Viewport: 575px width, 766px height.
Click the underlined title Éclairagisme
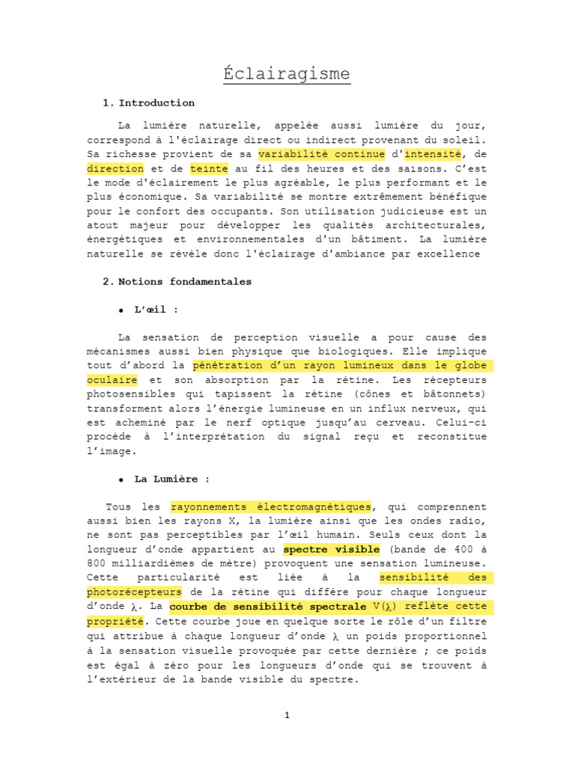(x=287, y=74)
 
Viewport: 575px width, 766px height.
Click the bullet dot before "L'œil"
(x=121, y=310)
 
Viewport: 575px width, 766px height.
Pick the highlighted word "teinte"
(x=209, y=169)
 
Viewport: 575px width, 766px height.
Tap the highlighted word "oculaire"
(x=112, y=380)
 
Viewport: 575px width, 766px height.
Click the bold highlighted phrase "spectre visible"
(x=331, y=549)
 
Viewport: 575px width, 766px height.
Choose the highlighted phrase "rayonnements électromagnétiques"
(x=271, y=507)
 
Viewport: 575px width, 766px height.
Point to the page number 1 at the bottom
(x=287, y=715)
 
